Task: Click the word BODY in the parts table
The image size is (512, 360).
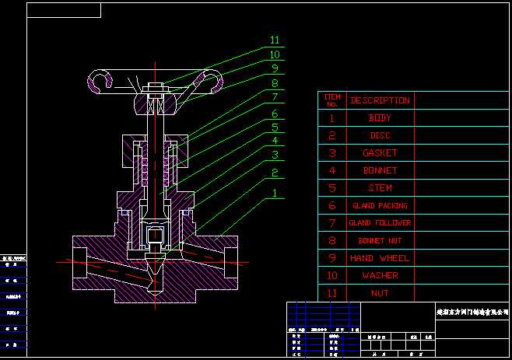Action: coord(380,118)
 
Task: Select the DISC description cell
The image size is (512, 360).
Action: coord(380,135)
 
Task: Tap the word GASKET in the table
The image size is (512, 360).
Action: coord(380,153)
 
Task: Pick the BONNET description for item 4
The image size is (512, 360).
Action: coord(380,170)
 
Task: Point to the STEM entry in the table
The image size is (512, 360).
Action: coord(380,188)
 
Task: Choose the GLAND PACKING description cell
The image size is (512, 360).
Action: coord(380,206)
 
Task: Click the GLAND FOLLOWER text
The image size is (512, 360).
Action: coord(380,223)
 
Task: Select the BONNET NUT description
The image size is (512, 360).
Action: coord(380,240)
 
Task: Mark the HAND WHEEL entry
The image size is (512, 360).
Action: coord(380,258)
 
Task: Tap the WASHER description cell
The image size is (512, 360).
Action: coord(380,275)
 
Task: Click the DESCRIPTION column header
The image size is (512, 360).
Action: coord(380,100)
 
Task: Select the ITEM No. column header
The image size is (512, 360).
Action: coord(332,100)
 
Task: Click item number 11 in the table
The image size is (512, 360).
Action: coord(332,293)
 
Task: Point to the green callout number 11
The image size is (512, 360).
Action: coord(275,40)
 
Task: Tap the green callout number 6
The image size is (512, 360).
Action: coord(275,114)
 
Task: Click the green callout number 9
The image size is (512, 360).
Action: coord(275,68)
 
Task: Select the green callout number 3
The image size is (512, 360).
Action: coord(275,154)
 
